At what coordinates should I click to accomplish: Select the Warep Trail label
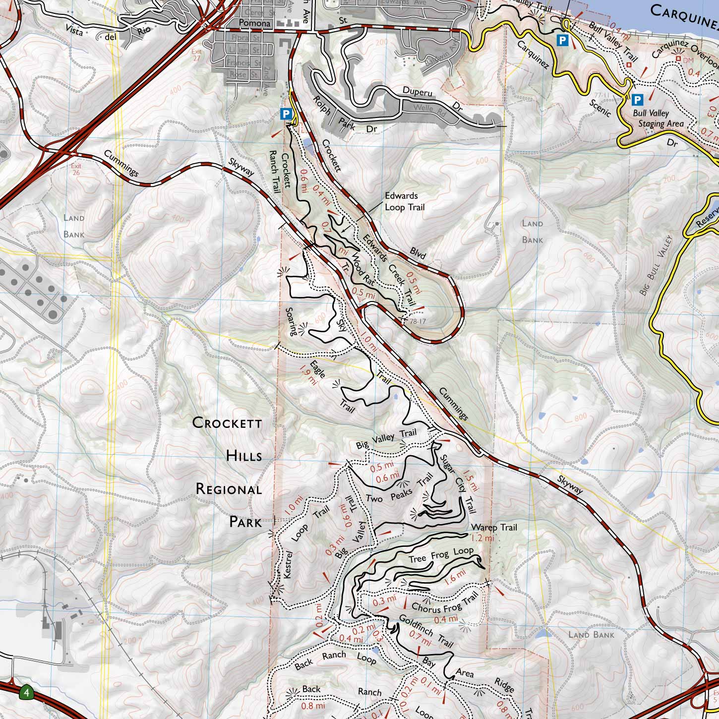494,527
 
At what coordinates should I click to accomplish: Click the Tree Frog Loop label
440,555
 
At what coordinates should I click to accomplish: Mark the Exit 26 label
76,169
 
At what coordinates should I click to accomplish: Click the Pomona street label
254,23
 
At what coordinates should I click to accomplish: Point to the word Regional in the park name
229,489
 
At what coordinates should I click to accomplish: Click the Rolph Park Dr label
345,119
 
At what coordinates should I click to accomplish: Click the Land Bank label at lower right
591,635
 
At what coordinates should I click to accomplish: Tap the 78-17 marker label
418,321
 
